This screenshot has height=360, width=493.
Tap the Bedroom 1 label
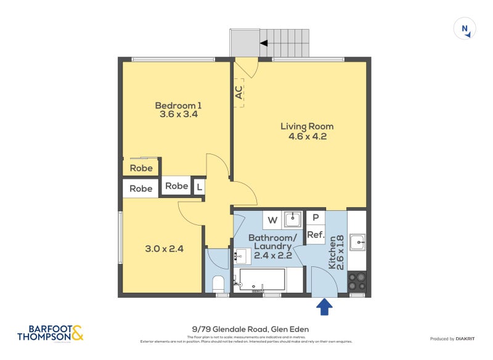click(178, 105)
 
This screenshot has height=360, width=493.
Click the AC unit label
click(238, 92)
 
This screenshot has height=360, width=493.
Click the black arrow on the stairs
click(263, 43)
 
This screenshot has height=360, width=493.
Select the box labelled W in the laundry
click(272, 219)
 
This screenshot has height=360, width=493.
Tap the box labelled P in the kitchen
click(316, 218)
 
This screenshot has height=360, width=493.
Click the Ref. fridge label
click(316, 235)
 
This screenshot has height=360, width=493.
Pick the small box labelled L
click(199, 187)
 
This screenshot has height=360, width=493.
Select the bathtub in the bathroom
click(261, 279)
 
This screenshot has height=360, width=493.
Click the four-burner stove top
click(357, 282)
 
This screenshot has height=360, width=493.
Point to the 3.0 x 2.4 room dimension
click(164, 249)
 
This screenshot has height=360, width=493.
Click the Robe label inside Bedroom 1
click(141, 168)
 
